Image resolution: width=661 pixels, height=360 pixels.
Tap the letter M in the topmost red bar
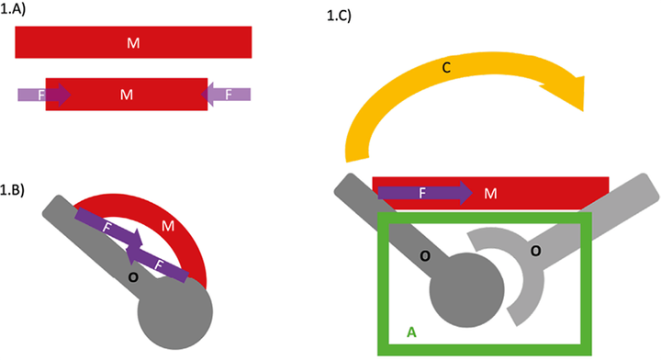[x=133, y=42]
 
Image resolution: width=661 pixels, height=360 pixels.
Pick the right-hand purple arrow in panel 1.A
[x=226, y=94]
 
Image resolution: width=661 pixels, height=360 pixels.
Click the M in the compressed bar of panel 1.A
[x=127, y=94]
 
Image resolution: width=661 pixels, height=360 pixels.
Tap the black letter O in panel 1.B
[x=133, y=275]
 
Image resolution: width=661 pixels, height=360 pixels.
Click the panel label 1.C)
[x=341, y=16]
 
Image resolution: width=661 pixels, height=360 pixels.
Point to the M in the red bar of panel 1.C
[x=490, y=193]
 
